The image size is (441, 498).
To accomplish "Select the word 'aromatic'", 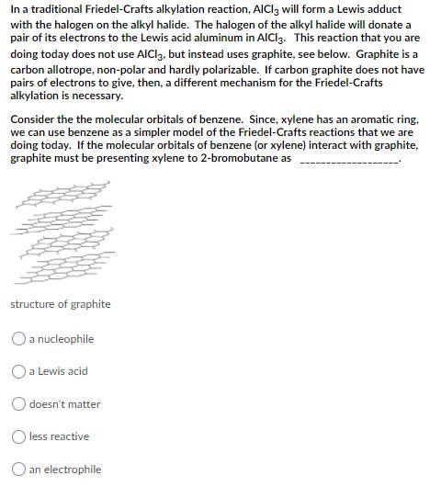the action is (360, 119).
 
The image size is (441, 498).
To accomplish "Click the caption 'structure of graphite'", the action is (61, 304).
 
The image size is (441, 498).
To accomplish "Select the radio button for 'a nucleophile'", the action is (18, 339).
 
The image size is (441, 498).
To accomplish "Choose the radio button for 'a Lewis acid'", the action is (18, 371).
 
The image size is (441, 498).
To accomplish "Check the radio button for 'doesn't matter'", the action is (18, 404).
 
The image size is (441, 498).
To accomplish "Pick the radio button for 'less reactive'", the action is (18, 436).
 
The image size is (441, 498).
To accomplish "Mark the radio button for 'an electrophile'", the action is (18, 470).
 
